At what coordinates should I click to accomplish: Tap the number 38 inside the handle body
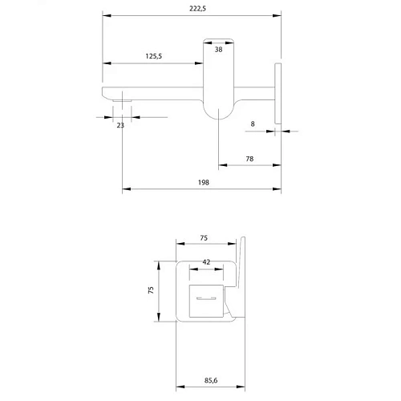pos(218,50)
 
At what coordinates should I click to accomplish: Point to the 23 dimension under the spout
pos(120,125)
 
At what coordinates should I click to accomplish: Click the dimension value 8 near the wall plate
pos(253,124)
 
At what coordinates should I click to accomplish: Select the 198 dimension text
pos(202,183)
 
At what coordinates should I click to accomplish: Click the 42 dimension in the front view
pos(206,262)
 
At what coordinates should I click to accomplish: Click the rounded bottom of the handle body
pos(218,111)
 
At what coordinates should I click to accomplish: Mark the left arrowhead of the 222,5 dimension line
pos(106,14)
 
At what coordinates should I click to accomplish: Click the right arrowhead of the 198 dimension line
pos(279,190)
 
